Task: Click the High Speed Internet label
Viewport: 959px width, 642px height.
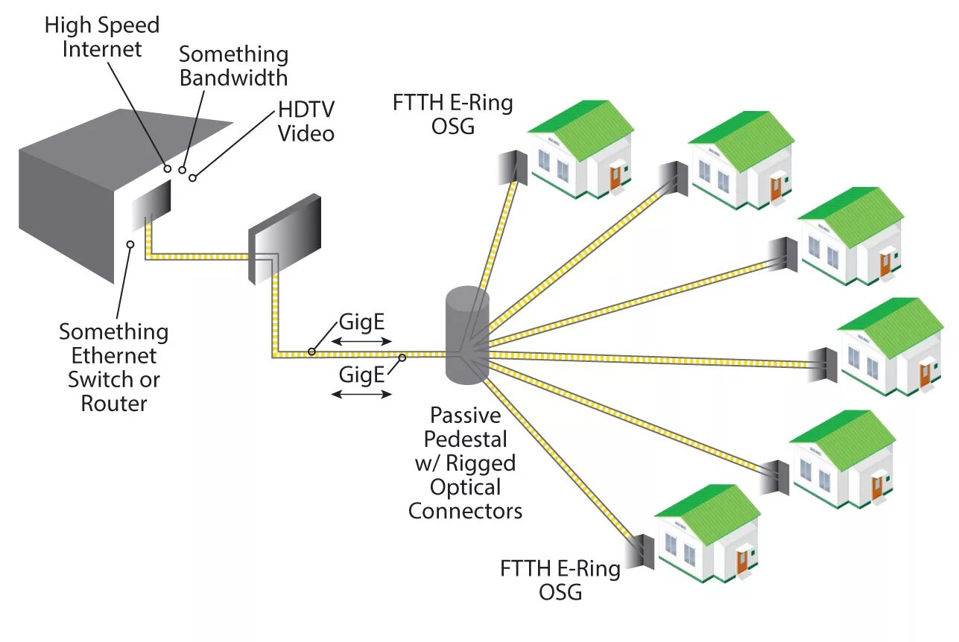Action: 102,37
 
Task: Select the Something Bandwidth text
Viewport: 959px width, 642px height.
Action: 233,66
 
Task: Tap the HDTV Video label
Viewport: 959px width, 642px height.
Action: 306,121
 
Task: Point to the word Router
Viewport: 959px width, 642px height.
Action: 114,404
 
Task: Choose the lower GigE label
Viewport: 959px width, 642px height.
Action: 361,374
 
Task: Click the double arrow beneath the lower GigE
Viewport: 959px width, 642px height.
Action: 361,393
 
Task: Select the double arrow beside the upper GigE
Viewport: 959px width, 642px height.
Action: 361,341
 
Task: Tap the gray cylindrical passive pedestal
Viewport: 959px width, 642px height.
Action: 467,335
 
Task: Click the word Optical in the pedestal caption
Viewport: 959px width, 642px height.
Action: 465,487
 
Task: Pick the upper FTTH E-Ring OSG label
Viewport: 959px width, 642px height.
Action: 452,114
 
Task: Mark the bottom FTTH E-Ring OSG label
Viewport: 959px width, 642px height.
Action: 560,580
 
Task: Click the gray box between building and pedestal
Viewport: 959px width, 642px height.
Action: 285,238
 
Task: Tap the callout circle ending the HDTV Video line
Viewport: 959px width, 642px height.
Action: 193,177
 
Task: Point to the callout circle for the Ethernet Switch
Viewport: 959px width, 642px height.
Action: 130,244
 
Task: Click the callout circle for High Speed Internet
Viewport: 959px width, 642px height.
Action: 168,169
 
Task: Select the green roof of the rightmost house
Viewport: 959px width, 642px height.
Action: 894,322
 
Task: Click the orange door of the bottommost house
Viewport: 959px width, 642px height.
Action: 741,561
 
